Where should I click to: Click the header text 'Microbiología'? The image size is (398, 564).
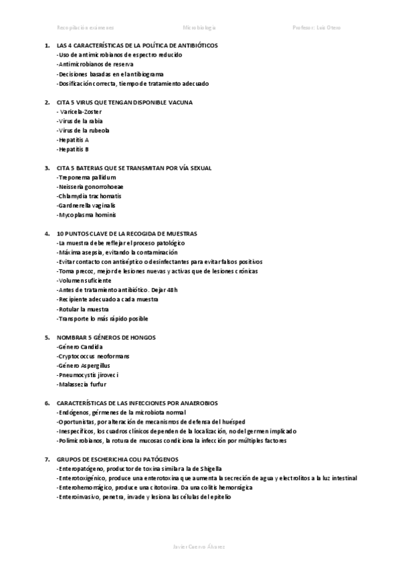pos(199,28)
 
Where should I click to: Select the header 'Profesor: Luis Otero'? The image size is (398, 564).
pos(316,28)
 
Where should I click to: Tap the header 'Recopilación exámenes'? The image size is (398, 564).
pos(86,28)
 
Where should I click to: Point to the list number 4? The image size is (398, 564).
pos(47,234)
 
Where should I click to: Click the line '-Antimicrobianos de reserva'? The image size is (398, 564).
pos(95,65)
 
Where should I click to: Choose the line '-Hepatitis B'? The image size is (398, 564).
pos(73,150)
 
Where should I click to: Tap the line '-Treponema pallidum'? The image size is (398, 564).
pos(86,178)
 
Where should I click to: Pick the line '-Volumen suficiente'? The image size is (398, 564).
pos(84,281)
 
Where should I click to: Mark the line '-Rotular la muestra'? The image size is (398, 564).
pos(83,309)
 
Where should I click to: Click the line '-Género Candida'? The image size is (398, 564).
pos(81,347)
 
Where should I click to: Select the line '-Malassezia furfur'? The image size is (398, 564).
pos(82,384)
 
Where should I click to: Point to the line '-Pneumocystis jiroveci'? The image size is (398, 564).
pos(88,375)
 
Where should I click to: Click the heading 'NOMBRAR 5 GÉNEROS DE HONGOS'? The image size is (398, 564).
pos(106,338)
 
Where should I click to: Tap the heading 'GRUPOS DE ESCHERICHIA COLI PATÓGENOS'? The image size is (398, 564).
pos(118,460)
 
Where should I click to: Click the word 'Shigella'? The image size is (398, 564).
pos(217,469)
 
